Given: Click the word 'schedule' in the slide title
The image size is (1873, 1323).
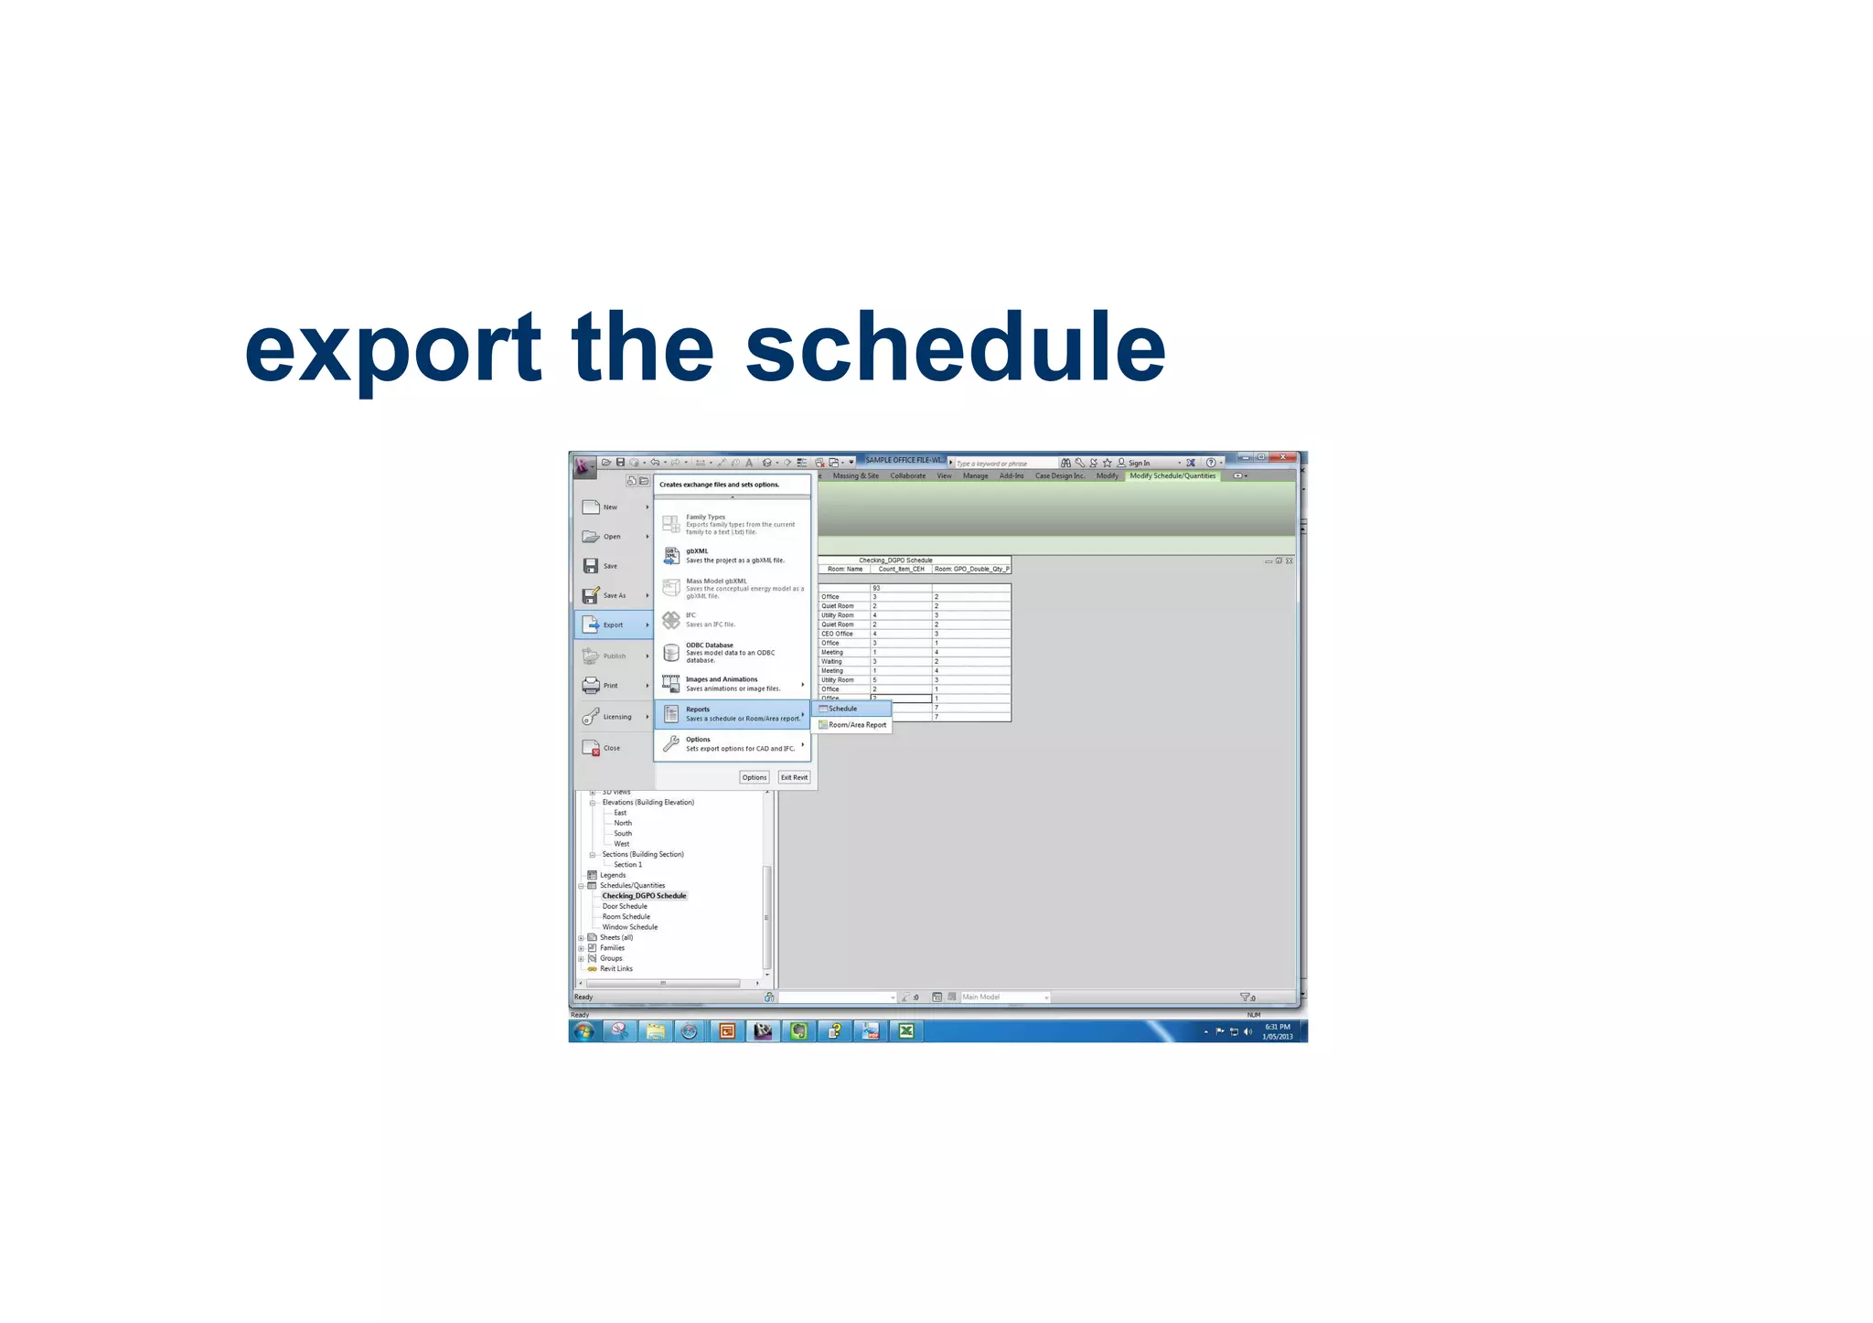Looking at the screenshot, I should (955, 347).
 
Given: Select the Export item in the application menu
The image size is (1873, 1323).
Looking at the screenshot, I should (613, 625).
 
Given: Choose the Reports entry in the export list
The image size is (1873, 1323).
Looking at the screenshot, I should (732, 714).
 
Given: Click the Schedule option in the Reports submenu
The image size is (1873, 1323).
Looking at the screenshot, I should (843, 709).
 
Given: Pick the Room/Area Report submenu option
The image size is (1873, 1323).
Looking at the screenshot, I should (857, 725).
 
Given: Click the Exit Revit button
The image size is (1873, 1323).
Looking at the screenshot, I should (794, 777).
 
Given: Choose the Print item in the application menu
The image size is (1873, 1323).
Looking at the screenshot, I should (610, 686).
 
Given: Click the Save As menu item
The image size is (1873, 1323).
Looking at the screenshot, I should (614, 595).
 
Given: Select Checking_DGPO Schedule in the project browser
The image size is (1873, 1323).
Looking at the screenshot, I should (644, 896).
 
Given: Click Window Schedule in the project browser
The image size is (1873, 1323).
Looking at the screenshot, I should (629, 927).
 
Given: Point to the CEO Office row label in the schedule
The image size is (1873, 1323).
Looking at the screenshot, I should (837, 634).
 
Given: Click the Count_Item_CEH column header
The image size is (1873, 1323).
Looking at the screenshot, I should (901, 569).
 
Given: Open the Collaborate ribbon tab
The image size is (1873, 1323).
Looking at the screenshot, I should (907, 475).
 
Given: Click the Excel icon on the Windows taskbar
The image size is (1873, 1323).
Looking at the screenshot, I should (905, 1031).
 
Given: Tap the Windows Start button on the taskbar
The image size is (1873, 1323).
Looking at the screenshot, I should (583, 1031).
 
